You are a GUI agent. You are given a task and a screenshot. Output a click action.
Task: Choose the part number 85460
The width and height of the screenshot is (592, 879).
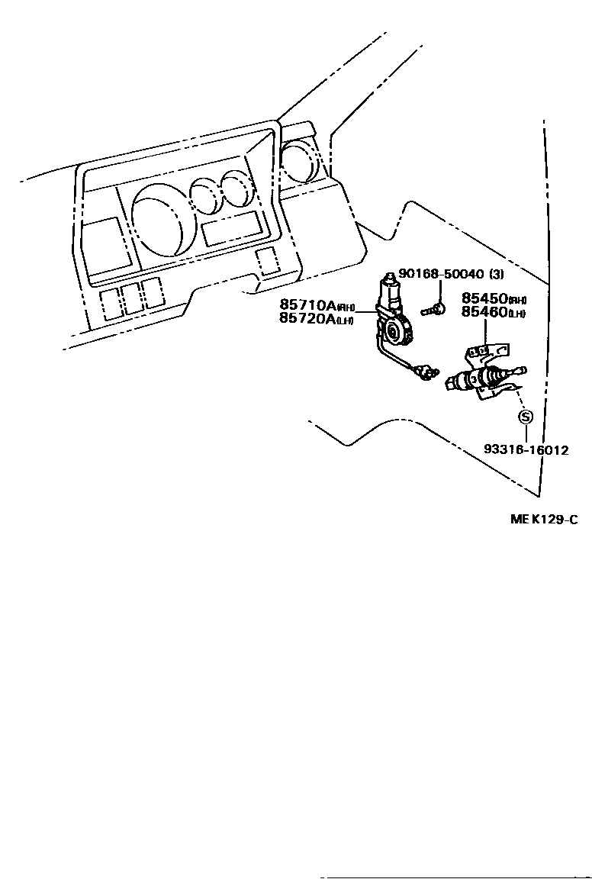484,312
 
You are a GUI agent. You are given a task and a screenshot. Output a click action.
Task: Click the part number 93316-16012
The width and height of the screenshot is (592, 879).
526,450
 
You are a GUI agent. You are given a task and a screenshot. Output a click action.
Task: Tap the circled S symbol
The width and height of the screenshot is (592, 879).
525,417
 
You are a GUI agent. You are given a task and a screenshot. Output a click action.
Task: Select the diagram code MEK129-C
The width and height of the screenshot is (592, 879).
544,520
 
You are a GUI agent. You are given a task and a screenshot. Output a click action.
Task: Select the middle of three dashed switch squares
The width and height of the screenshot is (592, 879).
133,297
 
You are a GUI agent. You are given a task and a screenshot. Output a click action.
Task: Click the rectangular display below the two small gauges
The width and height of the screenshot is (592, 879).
232,229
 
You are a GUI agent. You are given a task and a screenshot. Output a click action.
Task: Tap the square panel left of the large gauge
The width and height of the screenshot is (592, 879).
101,246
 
